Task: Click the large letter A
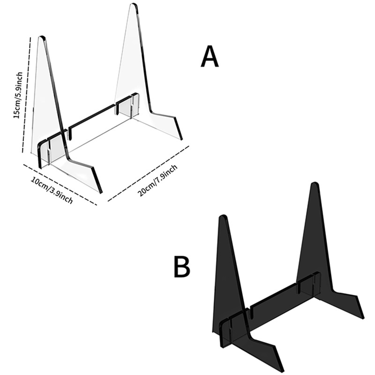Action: [210, 58]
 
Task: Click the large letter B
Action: [182, 267]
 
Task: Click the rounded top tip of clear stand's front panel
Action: [42, 37]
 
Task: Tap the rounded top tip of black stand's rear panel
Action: [315, 184]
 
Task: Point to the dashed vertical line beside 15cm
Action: [27, 94]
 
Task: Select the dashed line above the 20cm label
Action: [148, 173]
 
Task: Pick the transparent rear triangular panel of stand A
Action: [134, 70]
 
